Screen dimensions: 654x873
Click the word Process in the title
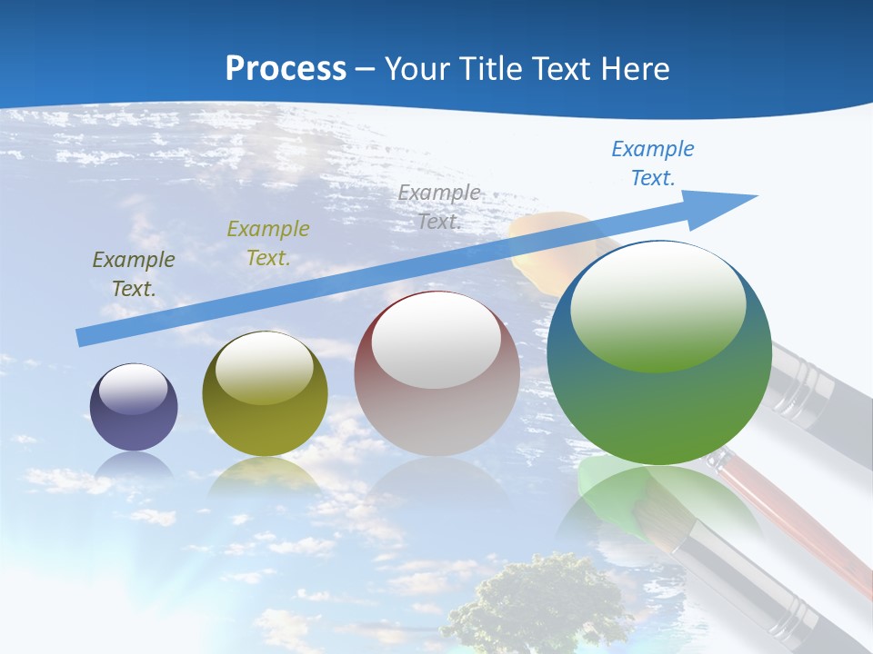pos(286,69)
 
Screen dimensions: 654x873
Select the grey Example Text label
pos(439,206)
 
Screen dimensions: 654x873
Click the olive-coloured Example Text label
pos(268,243)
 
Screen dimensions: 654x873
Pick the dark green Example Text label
pos(134,273)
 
